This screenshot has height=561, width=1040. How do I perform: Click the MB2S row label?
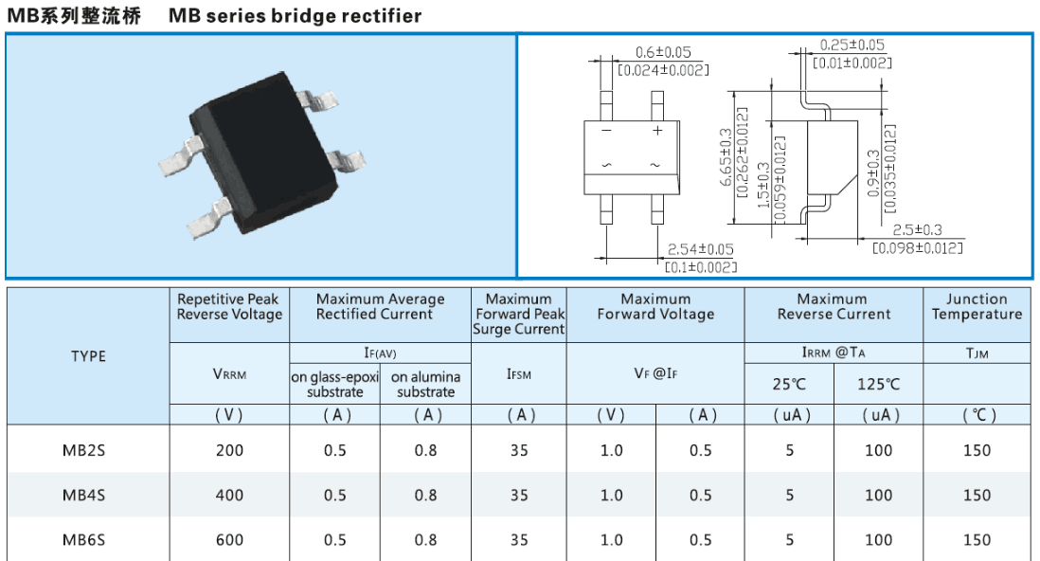pyautogui.click(x=83, y=450)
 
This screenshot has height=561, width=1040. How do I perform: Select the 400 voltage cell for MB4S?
pyautogui.click(x=229, y=495)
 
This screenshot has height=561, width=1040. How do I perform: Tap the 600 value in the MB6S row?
pyautogui.click(x=229, y=540)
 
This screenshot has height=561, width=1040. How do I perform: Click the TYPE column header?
pyautogui.click(x=88, y=356)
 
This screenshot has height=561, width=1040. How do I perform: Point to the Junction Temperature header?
pyautogui.click(x=977, y=307)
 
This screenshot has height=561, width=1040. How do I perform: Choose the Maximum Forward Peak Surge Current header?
pyautogui.click(x=519, y=315)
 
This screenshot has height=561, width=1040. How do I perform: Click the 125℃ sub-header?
pyautogui.click(x=878, y=384)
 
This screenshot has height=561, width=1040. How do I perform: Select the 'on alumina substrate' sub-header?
pyautogui.click(x=425, y=385)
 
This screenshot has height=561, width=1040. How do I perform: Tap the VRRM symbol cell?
pyautogui.click(x=229, y=374)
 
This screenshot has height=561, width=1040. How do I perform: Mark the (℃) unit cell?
pyautogui.click(x=977, y=415)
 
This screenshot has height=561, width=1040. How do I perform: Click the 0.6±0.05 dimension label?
pyautogui.click(x=663, y=52)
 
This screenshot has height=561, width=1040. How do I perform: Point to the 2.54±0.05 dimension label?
pyautogui.click(x=701, y=249)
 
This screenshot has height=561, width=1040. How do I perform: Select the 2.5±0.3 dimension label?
pyautogui.click(x=917, y=230)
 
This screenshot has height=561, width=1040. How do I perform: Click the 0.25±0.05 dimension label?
pyautogui.click(x=852, y=45)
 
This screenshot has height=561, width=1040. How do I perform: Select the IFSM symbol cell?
pyautogui.click(x=519, y=374)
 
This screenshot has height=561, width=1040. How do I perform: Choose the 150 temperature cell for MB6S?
pyautogui.click(x=977, y=540)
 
